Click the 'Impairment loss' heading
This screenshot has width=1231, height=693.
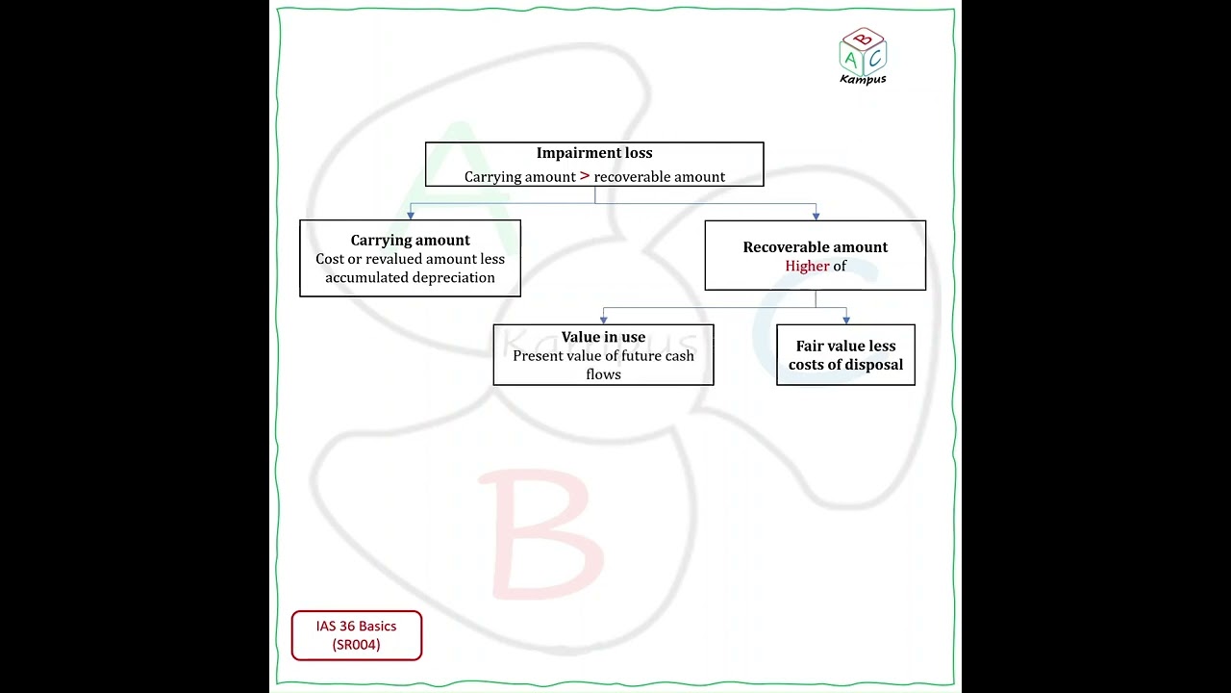pos(594,153)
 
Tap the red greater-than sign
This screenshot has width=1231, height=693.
pos(585,176)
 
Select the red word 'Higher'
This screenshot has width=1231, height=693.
pos(807,267)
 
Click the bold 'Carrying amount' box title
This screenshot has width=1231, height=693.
pos(410,241)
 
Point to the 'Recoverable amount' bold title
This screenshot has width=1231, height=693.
pos(815,247)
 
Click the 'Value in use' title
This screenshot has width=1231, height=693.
pos(603,337)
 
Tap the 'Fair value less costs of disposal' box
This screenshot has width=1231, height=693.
pos(845,355)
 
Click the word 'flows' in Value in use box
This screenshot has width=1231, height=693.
pos(603,374)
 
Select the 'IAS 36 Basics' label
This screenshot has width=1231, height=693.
pos(356,626)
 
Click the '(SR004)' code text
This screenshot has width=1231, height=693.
pos(356,645)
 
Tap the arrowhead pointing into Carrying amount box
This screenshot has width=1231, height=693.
pos(411,216)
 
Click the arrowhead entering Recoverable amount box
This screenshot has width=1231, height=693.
pos(816,217)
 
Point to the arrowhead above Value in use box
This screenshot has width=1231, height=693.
pos(603,320)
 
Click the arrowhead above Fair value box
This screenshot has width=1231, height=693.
pos(846,320)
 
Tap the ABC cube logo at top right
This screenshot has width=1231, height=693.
pos(863,52)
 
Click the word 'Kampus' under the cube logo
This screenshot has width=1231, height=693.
pos(863,79)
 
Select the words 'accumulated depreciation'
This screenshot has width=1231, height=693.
pos(410,278)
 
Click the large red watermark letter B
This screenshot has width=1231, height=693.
pos(541,533)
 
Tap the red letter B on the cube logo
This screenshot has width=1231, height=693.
pos(864,39)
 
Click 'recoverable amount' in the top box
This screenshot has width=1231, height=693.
pos(660,176)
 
